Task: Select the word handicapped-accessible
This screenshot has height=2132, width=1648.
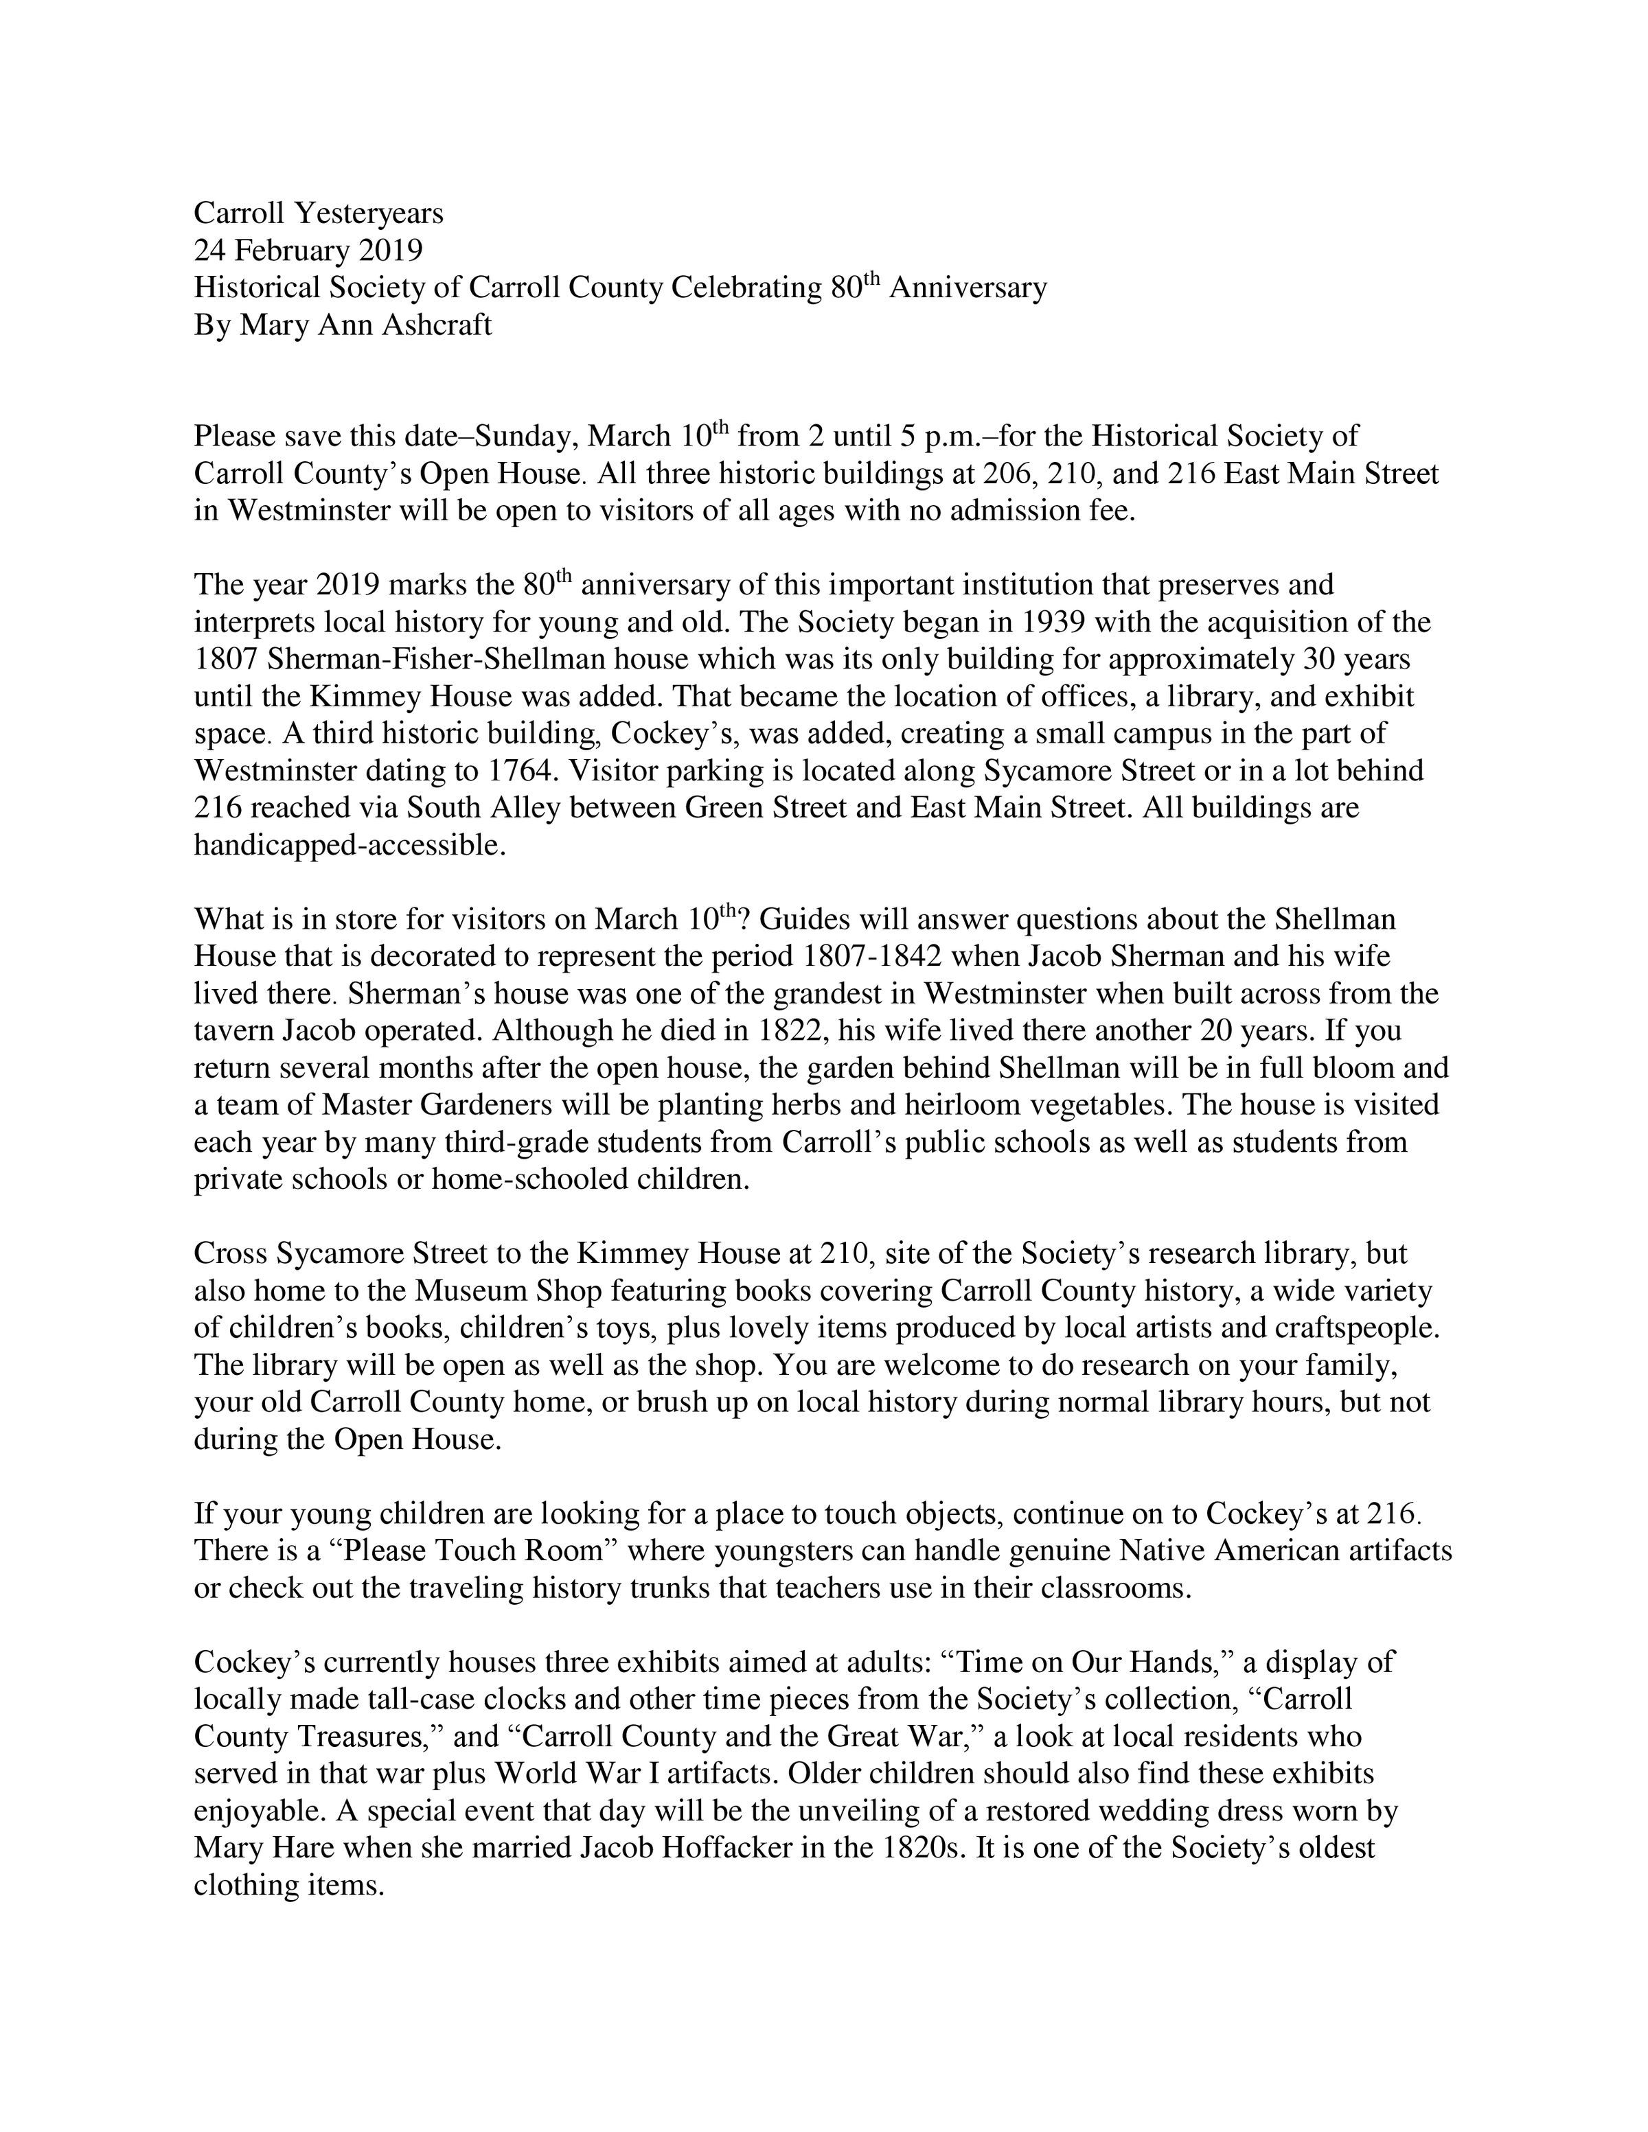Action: pos(350,846)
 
